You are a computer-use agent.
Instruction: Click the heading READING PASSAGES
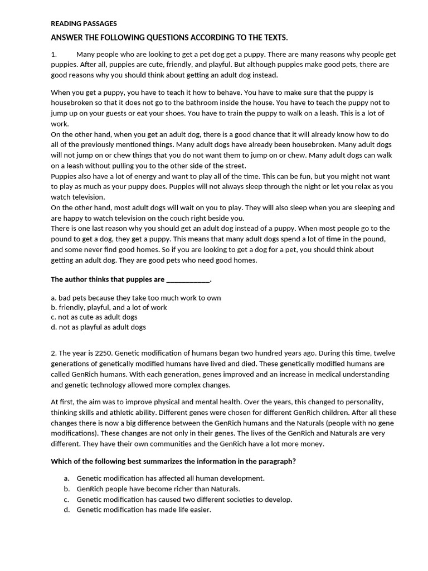coord(84,24)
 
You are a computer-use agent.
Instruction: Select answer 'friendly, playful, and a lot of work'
coord(109,307)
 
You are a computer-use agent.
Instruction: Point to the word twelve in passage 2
coord(384,353)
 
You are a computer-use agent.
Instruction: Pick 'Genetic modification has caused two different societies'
coord(184,499)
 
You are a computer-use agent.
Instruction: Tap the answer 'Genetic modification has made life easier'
coord(144,510)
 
